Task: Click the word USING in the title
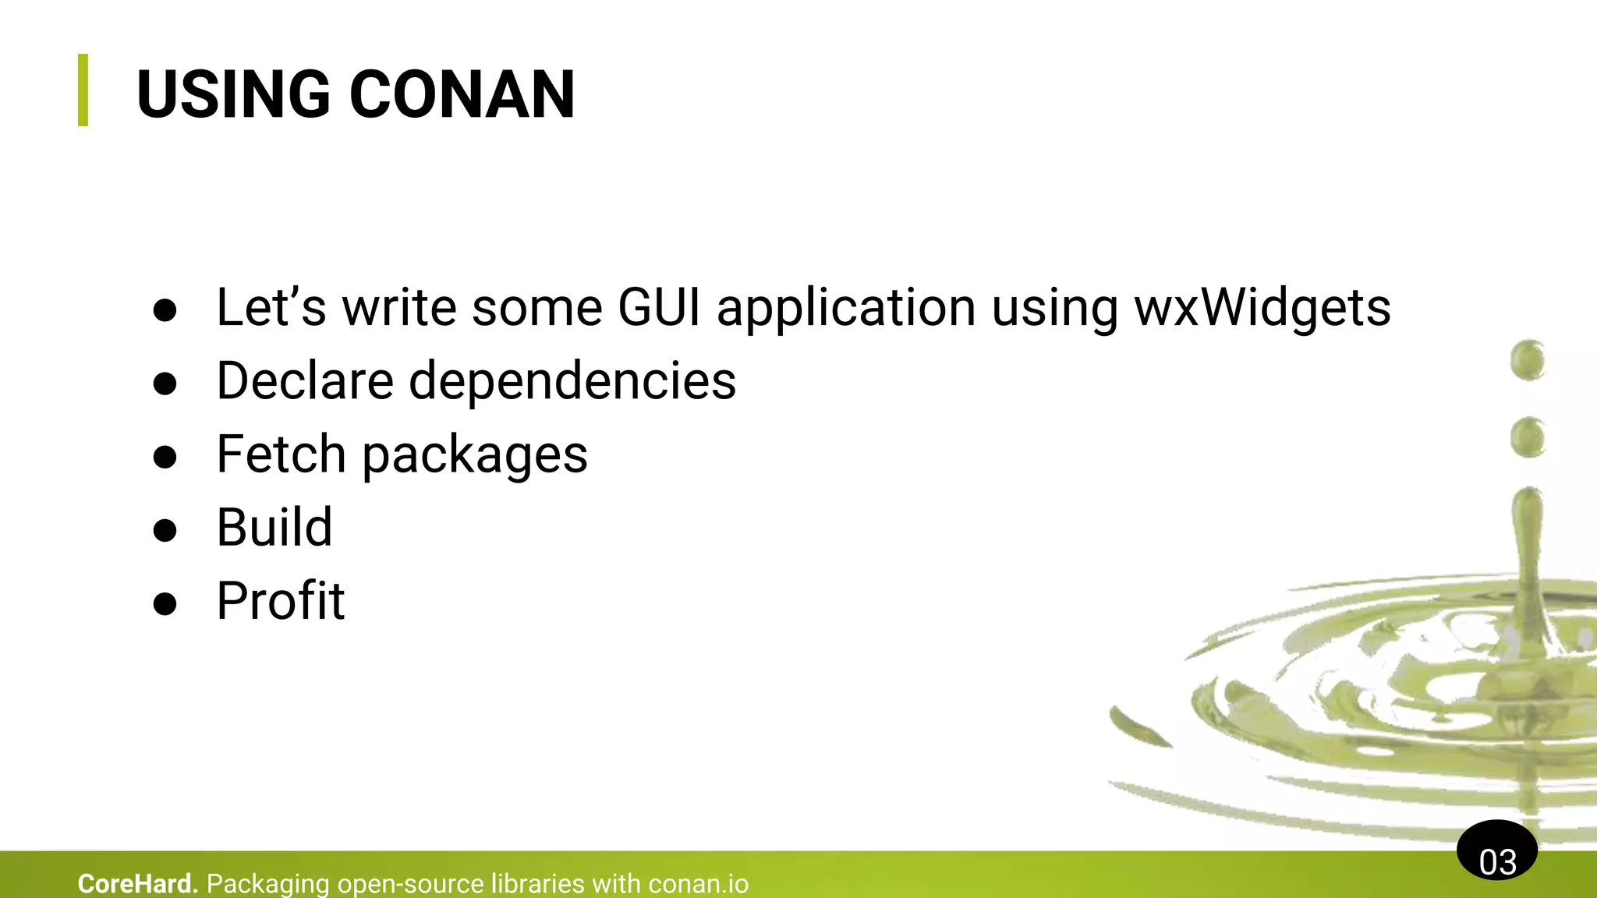click(x=233, y=94)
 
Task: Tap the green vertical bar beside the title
click(x=83, y=90)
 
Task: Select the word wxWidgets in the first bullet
click(x=1262, y=307)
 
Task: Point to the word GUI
click(x=659, y=307)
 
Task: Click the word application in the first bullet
click(x=846, y=309)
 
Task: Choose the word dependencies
click(x=572, y=381)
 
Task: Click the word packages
click(x=475, y=455)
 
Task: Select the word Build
click(x=274, y=527)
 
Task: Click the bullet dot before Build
click(x=165, y=530)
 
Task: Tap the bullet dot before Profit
click(x=165, y=603)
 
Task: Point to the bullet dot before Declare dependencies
click(x=165, y=384)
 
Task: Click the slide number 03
click(x=1497, y=861)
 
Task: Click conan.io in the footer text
click(x=698, y=884)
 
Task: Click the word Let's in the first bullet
click(x=271, y=307)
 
